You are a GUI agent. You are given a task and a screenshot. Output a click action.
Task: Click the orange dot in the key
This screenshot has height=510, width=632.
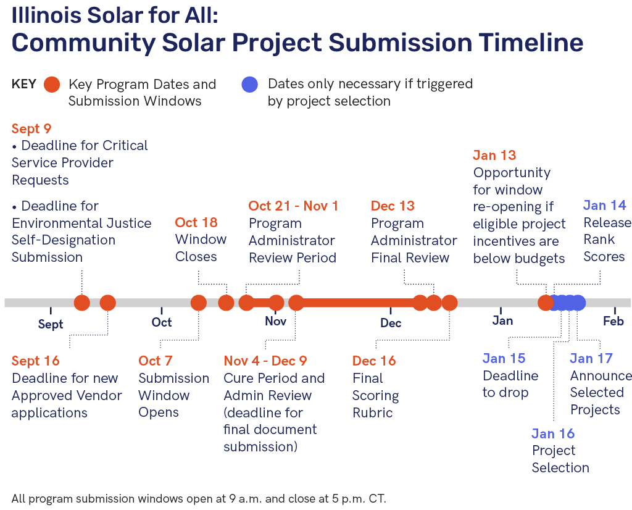[x=52, y=85]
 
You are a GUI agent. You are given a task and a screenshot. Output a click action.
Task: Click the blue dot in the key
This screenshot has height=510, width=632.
[x=250, y=85]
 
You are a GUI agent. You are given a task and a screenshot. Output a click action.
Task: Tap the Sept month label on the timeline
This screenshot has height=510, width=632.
[x=51, y=324]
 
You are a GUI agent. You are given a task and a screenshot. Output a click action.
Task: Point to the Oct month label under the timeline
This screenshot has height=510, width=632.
[x=162, y=322]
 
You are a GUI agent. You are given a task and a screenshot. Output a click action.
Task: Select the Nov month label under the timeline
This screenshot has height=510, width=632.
[x=276, y=321]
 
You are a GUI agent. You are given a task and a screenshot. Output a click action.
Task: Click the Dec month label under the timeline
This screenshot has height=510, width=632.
[x=391, y=323]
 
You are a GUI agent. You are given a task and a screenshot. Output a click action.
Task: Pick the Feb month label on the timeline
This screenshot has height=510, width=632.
[x=613, y=321]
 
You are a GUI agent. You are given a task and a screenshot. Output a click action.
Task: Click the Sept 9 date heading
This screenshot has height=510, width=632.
[x=31, y=128]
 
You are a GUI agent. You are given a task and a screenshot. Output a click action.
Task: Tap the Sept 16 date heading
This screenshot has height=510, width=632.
[x=35, y=361]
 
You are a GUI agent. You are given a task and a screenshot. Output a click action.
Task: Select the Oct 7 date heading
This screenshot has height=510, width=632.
[x=155, y=361]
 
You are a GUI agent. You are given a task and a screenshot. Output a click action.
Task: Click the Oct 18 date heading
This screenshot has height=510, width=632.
[x=196, y=222]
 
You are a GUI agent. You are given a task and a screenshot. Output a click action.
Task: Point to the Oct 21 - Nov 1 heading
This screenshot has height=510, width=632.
[x=293, y=206]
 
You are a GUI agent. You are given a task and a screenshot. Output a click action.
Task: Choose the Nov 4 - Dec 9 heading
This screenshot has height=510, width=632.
[x=265, y=361]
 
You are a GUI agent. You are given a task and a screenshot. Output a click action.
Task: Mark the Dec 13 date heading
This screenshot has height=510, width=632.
[x=393, y=206]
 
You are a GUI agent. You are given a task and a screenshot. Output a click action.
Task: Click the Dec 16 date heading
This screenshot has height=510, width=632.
[x=374, y=361]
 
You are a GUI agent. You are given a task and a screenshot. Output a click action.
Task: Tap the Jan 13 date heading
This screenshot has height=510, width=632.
[x=494, y=155]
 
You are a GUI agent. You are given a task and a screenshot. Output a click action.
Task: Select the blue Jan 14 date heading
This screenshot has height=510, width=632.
[x=605, y=205]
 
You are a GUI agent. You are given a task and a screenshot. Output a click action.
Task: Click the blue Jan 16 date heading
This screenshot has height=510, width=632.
[x=553, y=434]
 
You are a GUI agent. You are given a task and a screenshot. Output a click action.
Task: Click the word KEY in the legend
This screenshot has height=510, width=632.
[x=24, y=84]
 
